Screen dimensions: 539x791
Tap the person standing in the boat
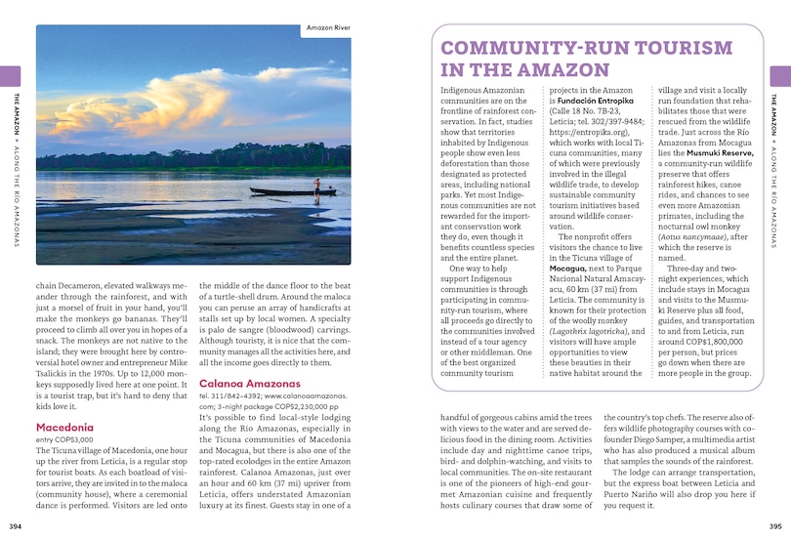(x=315, y=183)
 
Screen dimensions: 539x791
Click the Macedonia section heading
(x=64, y=428)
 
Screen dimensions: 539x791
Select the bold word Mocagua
(x=567, y=267)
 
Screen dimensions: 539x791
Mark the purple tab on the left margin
(x=9, y=76)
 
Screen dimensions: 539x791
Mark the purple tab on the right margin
(x=781, y=76)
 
